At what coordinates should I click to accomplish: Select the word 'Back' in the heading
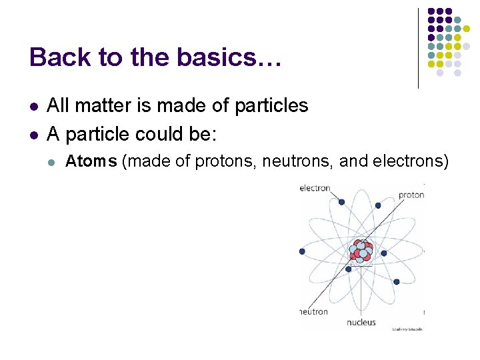pos(54,57)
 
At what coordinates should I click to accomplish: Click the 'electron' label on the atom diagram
pos(315,188)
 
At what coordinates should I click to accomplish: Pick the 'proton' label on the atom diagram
pos(411,195)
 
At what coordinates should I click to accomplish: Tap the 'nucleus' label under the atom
pos(361,323)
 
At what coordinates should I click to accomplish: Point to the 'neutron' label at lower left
pos(313,311)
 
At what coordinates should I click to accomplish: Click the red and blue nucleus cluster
pos(361,251)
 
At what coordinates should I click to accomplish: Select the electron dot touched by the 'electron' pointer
pos(341,202)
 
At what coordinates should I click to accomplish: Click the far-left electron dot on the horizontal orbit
pos(303,251)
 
